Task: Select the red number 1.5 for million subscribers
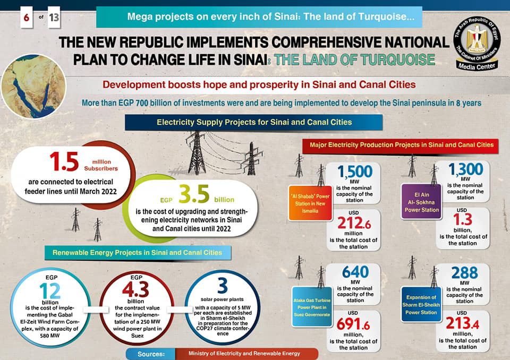pos(64,162)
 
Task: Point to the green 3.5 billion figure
pos(195,195)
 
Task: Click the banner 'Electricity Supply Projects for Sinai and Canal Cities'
pos(254,122)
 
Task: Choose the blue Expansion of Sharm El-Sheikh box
pos(421,305)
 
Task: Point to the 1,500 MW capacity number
pos(355,171)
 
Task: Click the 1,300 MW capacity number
pos(465,169)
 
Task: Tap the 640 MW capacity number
pos(355,272)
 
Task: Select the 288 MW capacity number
pos(465,272)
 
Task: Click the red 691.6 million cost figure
pos(355,325)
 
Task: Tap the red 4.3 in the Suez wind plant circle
pos(136,290)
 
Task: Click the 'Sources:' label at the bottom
pos(150,354)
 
